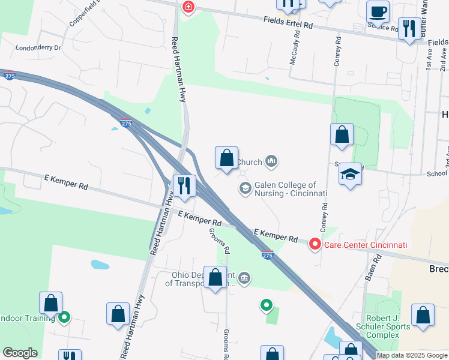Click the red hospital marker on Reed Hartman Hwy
pos(188,7)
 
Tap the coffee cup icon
pos(378,11)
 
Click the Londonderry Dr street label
pos(38,47)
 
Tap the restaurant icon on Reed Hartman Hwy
pos(184,185)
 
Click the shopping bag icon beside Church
pos(226,158)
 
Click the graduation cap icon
pos(350,175)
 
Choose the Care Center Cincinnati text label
pos(366,245)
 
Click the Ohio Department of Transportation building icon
pos(244,278)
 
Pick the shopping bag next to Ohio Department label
pos(215,277)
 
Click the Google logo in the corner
pos(20,353)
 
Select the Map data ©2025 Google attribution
pos(412,356)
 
